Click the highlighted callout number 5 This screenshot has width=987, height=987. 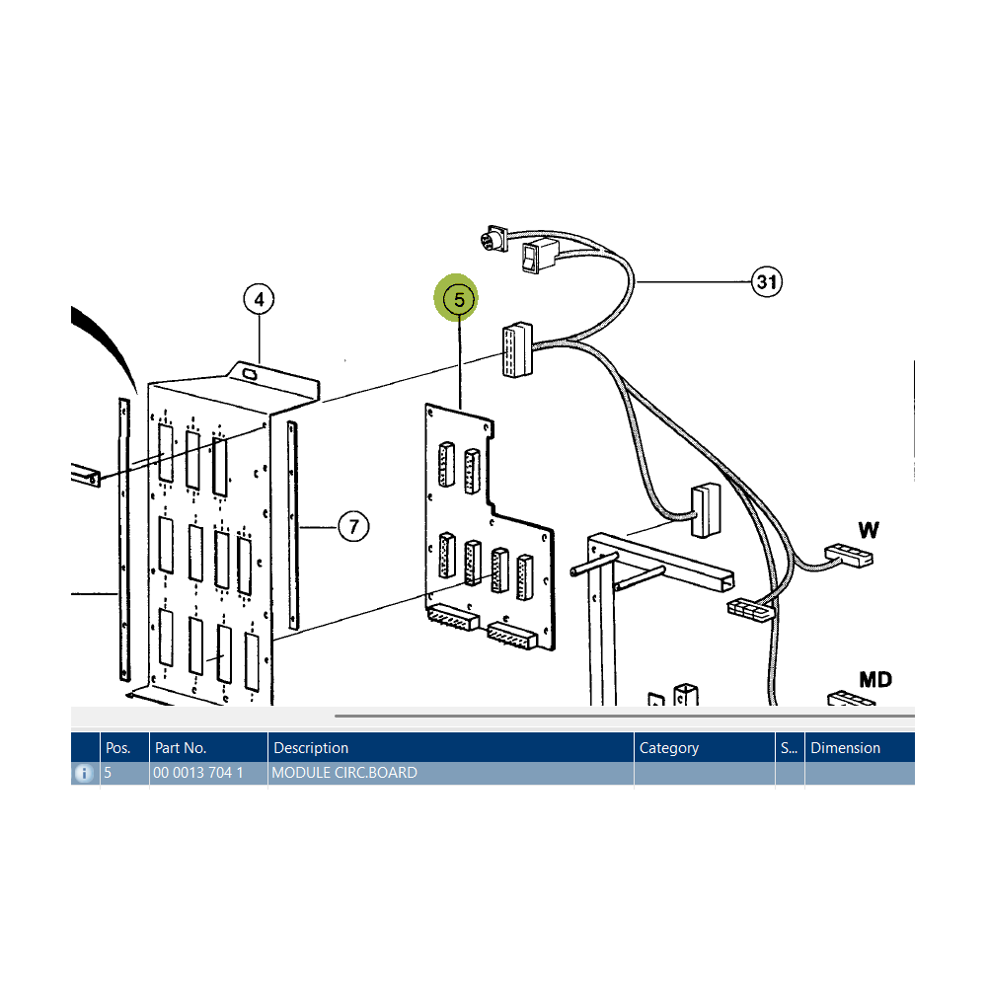459,300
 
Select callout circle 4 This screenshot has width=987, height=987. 259,299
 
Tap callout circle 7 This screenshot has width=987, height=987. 353,526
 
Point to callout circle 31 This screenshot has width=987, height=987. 767,281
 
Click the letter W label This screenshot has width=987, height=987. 869,530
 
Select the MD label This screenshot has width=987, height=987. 875,680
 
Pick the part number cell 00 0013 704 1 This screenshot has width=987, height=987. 198,773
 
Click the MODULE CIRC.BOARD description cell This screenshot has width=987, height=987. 344,773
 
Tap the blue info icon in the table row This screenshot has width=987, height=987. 84,773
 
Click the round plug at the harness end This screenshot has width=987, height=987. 492,241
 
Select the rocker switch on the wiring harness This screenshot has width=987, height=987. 540,255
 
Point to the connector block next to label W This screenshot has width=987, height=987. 849,555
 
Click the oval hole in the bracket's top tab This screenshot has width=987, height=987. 250,374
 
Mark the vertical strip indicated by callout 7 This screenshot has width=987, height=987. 293,526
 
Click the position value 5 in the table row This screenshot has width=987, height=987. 108,773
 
